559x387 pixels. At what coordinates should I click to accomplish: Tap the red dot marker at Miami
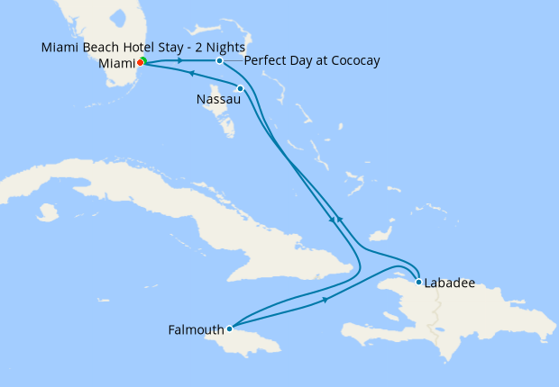[x=140, y=63]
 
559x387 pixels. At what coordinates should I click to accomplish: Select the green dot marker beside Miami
[x=144, y=60]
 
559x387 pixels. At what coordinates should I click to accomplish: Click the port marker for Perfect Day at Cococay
[x=220, y=60]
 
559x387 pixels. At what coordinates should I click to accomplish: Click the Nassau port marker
[x=240, y=88]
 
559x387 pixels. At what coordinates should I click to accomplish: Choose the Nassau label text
[x=217, y=99]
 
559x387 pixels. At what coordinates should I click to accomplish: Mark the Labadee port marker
[x=419, y=282]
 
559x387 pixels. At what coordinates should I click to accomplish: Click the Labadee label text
[x=451, y=283]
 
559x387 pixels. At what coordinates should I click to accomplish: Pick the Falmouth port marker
[x=230, y=328]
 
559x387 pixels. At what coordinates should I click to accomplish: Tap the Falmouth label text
[x=196, y=329]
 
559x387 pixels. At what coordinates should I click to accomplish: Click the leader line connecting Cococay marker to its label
[x=233, y=60]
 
